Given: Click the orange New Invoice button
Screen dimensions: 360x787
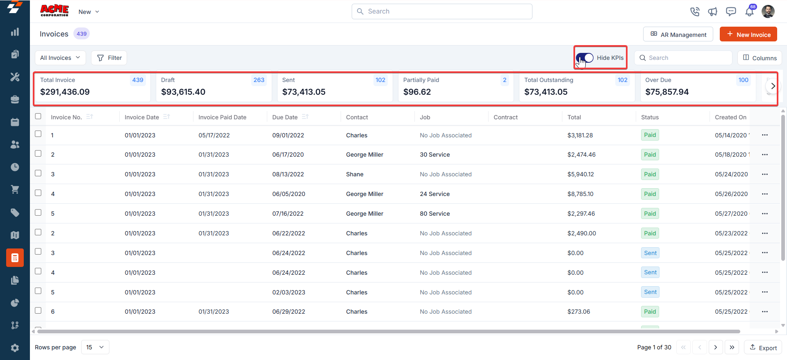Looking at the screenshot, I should click(x=748, y=34).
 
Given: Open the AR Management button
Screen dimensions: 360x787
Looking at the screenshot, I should click(x=678, y=34).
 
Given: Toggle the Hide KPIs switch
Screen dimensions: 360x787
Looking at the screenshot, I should click(x=585, y=58).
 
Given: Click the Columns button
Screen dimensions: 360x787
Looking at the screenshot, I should click(x=760, y=58).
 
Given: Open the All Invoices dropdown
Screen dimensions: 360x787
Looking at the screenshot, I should click(x=60, y=58).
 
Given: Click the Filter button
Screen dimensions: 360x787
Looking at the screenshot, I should click(x=109, y=58).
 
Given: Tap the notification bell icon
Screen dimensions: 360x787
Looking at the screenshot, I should click(x=749, y=11).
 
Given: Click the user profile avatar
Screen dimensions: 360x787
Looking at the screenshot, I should click(x=768, y=11).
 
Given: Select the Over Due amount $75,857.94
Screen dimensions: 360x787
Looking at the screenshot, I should click(x=667, y=92).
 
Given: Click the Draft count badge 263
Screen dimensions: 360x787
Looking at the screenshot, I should click(x=259, y=80).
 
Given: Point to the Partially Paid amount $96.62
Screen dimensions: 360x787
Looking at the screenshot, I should click(x=417, y=92).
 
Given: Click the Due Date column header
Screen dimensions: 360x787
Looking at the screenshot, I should click(x=285, y=117).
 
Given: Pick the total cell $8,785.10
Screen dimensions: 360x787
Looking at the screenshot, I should click(x=580, y=194).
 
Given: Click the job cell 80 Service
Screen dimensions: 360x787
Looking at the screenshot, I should click(x=434, y=214).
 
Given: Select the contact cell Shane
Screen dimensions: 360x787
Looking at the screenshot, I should click(x=355, y=174).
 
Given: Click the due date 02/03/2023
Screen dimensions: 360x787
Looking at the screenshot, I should click(x=289, y=292).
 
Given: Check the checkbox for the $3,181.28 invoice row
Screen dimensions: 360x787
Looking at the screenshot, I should click(x=38, y=134).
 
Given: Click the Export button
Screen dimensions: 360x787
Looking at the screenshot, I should click(x=763, y=347).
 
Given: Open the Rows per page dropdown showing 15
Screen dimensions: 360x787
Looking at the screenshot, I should click(x=95, y=347).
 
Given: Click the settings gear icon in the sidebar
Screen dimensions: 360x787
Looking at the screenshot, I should click(x=15, y=348).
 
